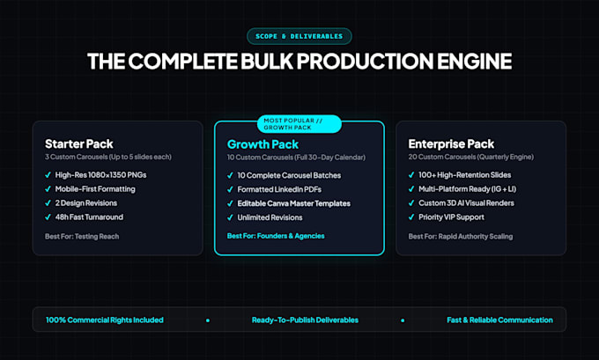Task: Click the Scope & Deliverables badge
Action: click(299, 36)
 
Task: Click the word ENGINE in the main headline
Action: click(474, 61)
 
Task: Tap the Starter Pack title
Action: click(79, 144)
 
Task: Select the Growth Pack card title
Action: click(263, 144)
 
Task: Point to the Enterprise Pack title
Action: click(451, 144)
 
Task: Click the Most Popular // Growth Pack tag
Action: click(299, 124)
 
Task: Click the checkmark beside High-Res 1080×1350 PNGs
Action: click(48, 175)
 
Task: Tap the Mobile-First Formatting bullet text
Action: click(95, 189)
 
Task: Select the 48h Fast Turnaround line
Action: click(89, 217)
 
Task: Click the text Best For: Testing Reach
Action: click(82, 236)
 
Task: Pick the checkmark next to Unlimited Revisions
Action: click(230, 217)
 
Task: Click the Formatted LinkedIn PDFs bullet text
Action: click(279, 189)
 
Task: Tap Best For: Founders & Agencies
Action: click(276, 236)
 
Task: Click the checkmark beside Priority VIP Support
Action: click(411, 217)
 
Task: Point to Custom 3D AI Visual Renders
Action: click(467, 203)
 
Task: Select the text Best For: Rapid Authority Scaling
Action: click(461, 236)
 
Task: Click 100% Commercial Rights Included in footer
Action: click(105, 320)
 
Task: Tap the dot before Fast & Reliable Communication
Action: click(403, 320)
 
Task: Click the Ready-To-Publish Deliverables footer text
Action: click(305, 320)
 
